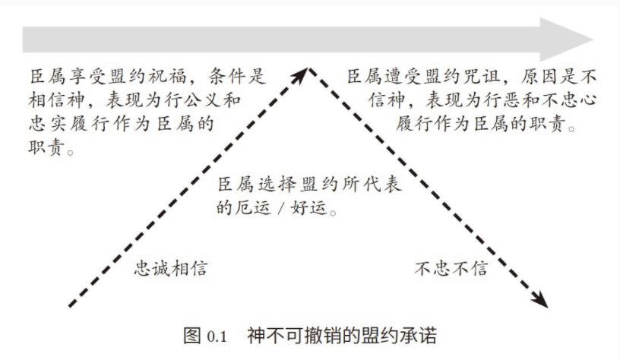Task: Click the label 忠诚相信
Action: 171,268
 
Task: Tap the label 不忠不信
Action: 451,268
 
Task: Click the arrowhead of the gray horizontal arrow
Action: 566,39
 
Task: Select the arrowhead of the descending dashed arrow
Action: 540,299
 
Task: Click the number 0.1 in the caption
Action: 217,336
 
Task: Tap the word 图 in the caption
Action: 192,336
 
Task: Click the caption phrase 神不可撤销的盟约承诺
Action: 343,336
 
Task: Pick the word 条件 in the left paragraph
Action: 227,76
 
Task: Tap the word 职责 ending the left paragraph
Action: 46,147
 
